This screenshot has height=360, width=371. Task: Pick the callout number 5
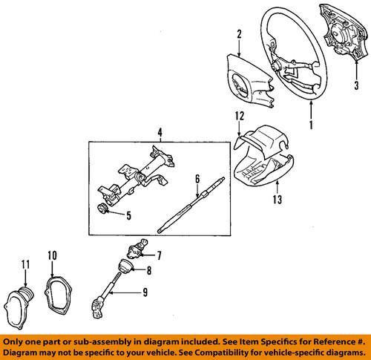tap(129, 216)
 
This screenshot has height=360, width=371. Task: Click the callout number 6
tap(197, 178)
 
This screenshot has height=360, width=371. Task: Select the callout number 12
tap(239, 136)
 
